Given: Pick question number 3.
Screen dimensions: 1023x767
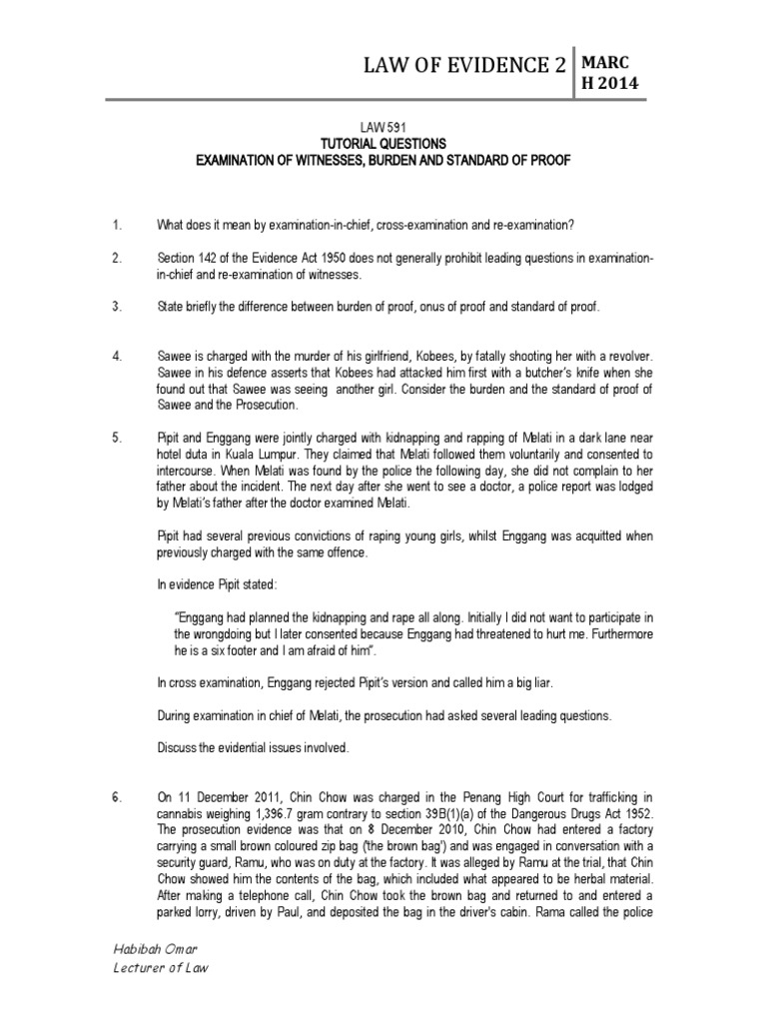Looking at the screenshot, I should pos(116,307).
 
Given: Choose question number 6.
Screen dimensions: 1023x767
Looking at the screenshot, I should pos(117,797).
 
